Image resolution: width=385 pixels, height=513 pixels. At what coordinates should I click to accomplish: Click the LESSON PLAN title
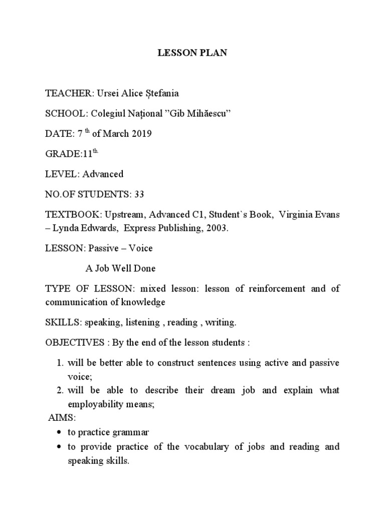(192, 53)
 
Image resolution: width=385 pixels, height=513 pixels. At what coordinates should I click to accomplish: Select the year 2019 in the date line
(142, 134)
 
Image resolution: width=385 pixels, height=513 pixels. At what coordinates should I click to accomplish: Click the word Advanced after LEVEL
(103, 174)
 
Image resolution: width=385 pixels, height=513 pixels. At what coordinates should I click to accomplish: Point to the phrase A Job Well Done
(120, 268)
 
